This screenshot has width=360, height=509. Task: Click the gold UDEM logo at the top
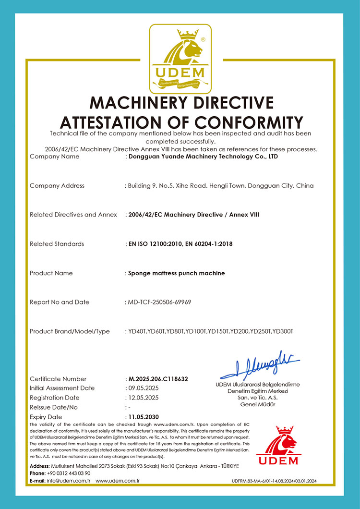coord(180,59)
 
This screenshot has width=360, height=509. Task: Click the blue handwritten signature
coord(260,367)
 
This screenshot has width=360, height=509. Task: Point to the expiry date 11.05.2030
coord(143,417)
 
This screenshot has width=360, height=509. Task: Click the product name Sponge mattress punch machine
coord(176,273)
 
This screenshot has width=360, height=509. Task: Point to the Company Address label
coord(57,186)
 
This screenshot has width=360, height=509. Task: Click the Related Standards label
coord(57,244)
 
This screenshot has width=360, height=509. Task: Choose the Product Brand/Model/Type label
coord(70,331)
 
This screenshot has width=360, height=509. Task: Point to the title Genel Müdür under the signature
coord(258,404)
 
